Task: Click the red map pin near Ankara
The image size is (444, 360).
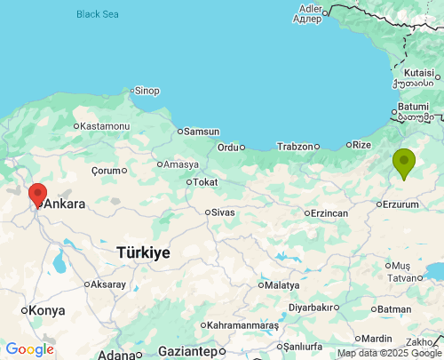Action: coord(37,194)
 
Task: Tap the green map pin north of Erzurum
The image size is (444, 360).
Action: coord(404,162)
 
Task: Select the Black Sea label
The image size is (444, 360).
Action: coord(97,14)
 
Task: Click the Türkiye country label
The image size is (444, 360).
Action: coord(143,253)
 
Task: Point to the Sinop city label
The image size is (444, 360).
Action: coord(147,91)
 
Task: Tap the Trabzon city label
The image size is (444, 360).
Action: coord(295,147)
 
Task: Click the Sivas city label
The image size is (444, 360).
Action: coord(223,212)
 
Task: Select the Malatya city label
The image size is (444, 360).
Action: coord(282,285)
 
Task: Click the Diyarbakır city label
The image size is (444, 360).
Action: coord(310,308)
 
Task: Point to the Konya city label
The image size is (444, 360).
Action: coord(47,310)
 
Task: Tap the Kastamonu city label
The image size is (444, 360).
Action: coord(105,126)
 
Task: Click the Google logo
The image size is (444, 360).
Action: coord(29,350)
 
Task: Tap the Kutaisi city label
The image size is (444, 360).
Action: coord(418,72)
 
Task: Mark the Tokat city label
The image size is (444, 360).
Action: coord(205,182)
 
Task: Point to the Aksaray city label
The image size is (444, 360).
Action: coord(108,284)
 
